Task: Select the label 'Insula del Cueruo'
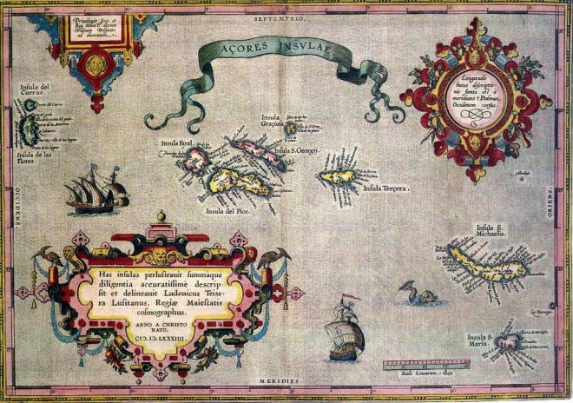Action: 36,92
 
